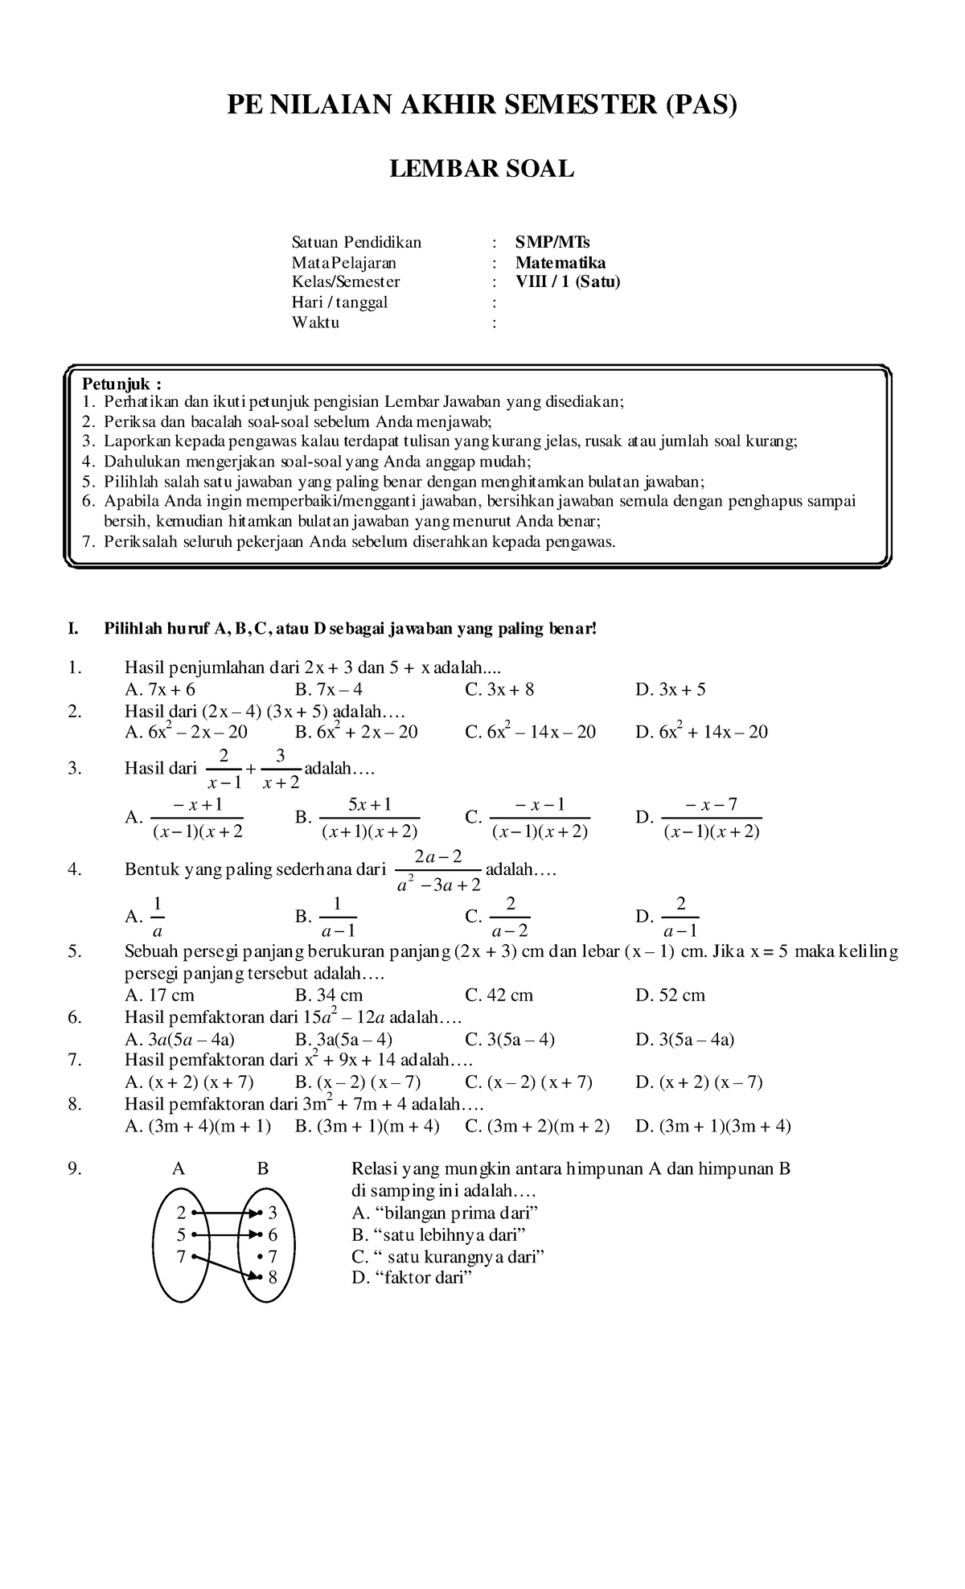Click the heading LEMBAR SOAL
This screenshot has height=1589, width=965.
(482, 169)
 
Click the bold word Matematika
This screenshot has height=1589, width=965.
(561, 263)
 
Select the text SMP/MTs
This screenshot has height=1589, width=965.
(553, 243)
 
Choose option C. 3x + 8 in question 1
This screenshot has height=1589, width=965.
(499, 689)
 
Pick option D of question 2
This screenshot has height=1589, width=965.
(701, 732)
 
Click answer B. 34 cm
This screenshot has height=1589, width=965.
(329, 996)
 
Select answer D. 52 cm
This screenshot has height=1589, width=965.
(670, 996)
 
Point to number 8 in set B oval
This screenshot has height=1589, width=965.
(273, 1276)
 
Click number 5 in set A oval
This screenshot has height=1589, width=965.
(181, 1234)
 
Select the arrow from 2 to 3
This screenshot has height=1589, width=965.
(227, 1213)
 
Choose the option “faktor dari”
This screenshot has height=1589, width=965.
(410, 1278)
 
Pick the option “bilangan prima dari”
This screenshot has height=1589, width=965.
(445, 1213)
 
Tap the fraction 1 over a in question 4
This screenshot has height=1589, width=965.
(158, 917)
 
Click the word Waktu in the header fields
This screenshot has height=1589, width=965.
(315, 323)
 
